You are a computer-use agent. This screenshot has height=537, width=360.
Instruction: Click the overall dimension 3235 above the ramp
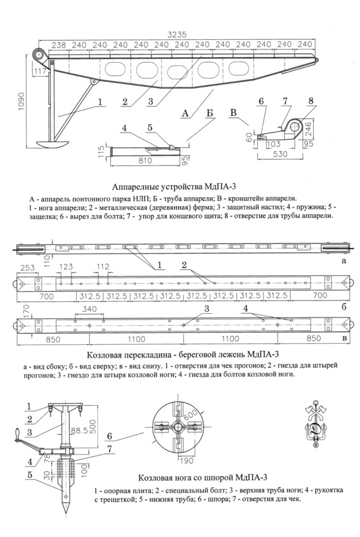pos(177,35)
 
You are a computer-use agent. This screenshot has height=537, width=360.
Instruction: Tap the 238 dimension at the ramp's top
pos(58,45)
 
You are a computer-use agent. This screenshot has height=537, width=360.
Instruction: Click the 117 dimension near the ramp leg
pos(40,72)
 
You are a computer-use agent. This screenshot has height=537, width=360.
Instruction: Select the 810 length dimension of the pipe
pos(145,160)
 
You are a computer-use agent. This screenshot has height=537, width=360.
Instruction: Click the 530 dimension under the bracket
pos(280,155)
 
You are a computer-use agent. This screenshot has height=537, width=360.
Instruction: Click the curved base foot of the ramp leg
pos(53,144)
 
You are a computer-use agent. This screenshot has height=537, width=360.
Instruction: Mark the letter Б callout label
pos(210,113)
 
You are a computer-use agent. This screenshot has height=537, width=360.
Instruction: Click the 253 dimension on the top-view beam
pos(27,268)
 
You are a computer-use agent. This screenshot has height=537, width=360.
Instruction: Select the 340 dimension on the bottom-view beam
pos(89,309)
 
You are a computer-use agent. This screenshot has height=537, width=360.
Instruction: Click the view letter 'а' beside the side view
pos(344,261)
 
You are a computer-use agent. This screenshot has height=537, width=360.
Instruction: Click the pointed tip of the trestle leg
pos(66,513)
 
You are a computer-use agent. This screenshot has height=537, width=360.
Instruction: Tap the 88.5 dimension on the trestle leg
pos(79,430)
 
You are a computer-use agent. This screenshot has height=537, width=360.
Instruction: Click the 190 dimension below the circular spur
pos(186,461)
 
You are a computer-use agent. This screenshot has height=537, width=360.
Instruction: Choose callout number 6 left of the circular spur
pos(110,436)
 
